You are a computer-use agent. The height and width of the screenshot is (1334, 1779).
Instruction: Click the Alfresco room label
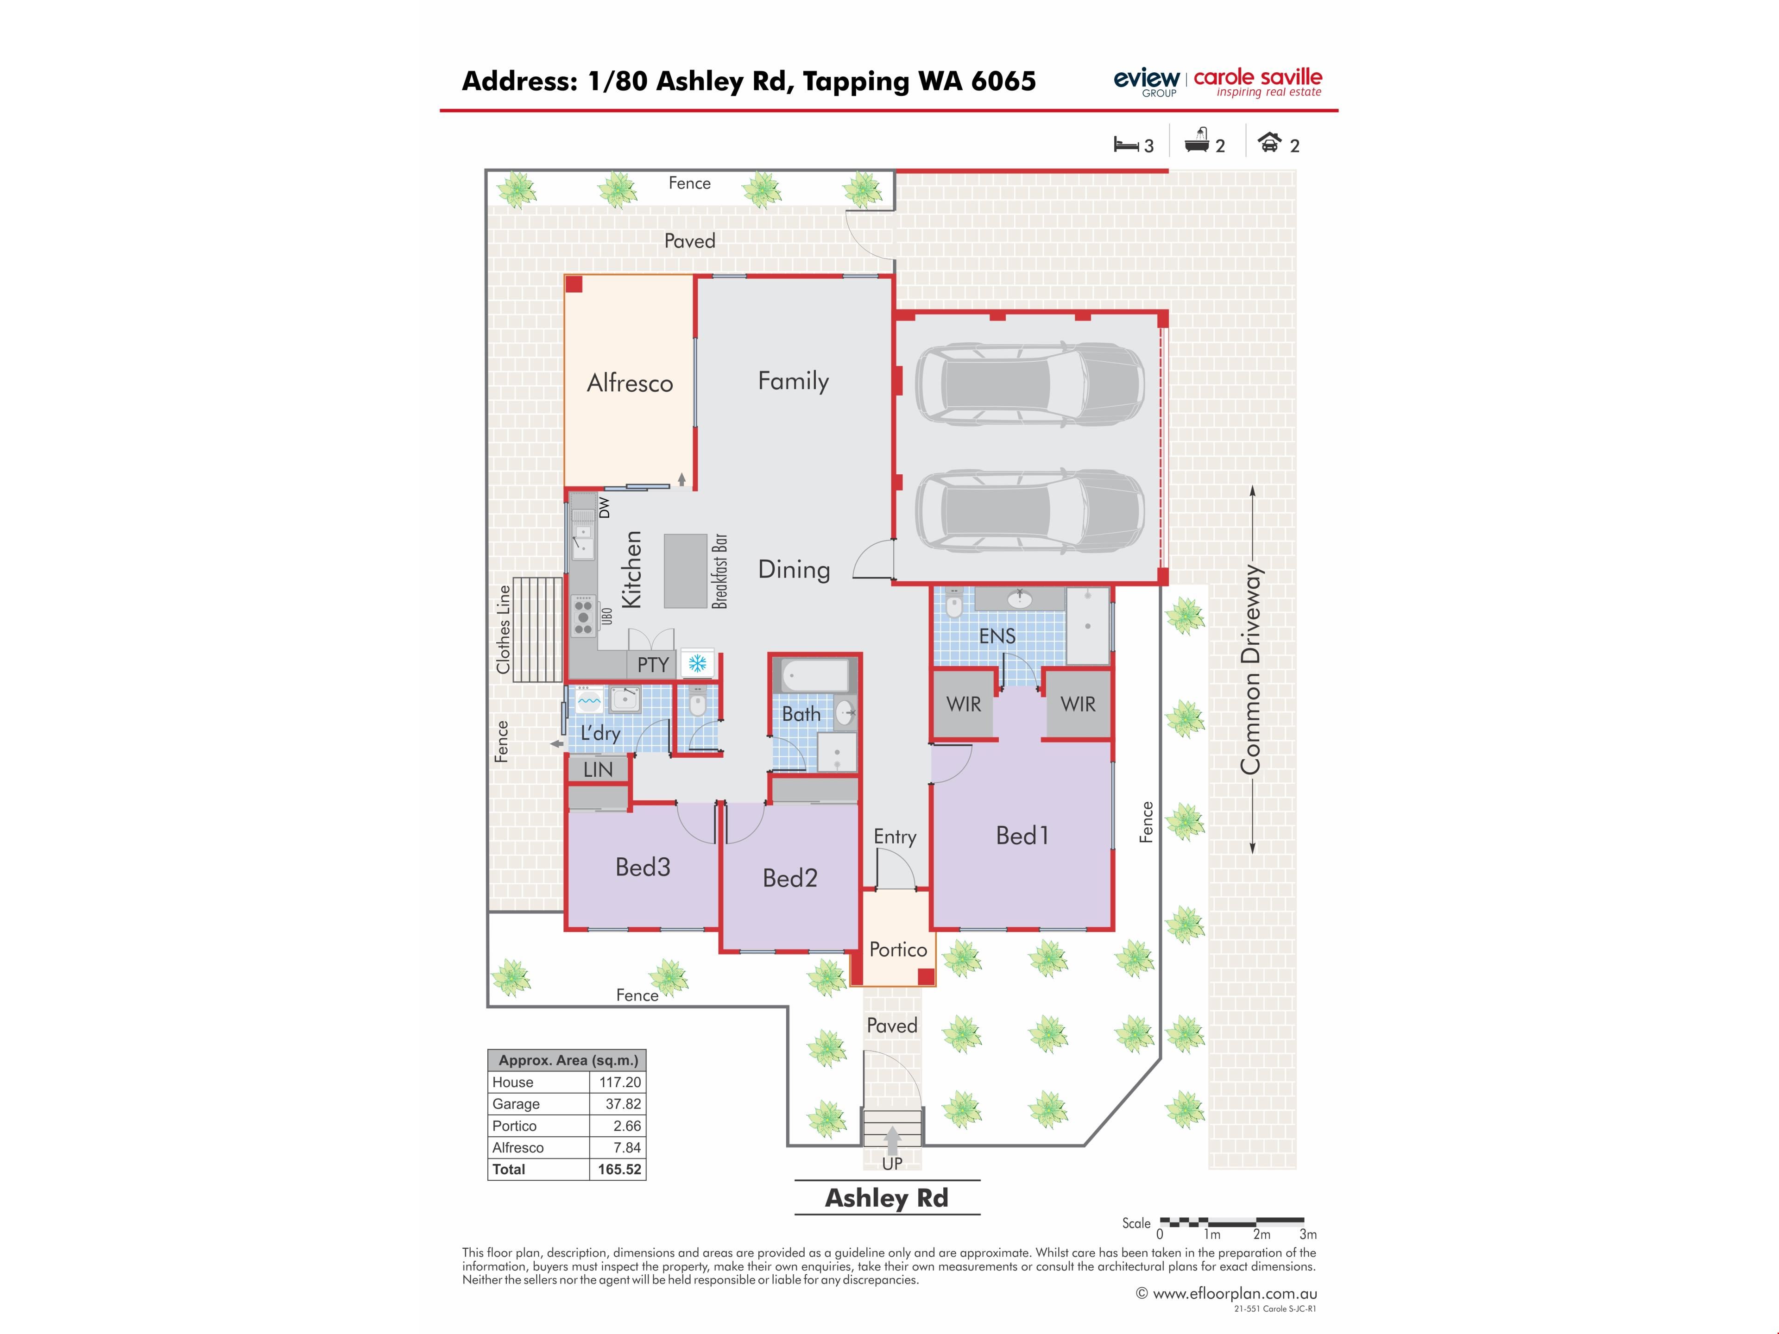click(630, 383)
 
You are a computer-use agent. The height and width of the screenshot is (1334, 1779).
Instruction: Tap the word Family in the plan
click(793, 381)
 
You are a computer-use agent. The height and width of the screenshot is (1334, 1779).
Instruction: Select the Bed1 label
click(1022, 836)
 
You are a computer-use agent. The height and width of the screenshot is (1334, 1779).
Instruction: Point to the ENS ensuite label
click(997, 636)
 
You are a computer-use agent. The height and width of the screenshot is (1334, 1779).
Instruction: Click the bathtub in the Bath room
click(815, 675)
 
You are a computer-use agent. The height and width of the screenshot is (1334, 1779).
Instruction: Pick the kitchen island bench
click(685, 571)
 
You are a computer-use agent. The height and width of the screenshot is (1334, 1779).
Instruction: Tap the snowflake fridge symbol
click(697, 663)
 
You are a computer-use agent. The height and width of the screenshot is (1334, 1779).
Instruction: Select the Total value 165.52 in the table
click(619, 1169)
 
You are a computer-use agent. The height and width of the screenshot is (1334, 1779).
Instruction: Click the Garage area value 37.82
click(623, 1104)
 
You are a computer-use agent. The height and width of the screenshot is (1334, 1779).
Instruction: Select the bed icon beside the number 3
click(1126, 145)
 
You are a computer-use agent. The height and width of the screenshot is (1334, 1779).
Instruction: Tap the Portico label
click(898, 950)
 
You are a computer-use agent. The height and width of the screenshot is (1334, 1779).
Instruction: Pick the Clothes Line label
click(504, 629)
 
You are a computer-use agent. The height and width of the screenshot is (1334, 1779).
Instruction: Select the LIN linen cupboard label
click(598, 769)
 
